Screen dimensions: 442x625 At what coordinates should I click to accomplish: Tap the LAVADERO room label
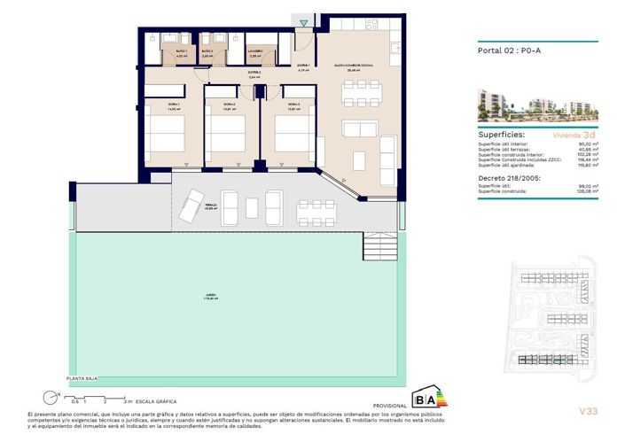coord(255,52)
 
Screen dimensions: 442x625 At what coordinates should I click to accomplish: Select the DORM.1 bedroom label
coord(161,105)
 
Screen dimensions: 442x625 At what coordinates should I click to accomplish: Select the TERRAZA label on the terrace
coord(210,205)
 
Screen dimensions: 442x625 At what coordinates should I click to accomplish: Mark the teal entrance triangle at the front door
coord(304,21)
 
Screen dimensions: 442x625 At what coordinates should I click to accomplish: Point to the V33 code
coord(586,411)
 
